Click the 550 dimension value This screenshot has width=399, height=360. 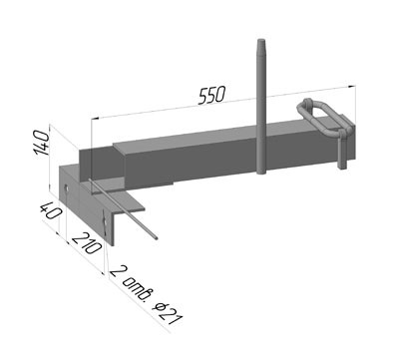coord(212,96)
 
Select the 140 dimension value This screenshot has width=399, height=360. coord(42,143)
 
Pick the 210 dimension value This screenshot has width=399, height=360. coord(87,243)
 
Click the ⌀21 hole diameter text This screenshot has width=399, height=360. coord(168,314)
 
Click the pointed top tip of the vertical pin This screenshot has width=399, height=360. coord(260,40)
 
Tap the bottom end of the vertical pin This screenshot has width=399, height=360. coord(261,172)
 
